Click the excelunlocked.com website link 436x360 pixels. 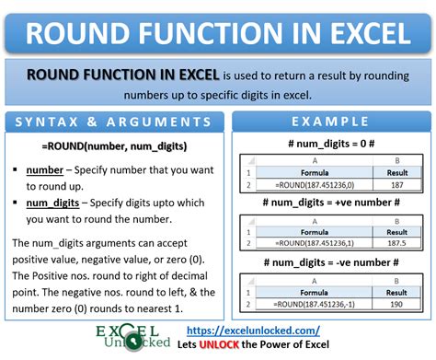(253, 331)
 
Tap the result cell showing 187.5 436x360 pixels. (396, 243)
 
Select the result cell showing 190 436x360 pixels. (396, 304)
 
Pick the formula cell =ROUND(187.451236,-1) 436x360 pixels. (314, 304)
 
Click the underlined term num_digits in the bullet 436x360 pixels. (52, 203)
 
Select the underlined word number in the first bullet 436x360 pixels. (45, 170)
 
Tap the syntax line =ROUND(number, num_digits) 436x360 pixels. (114, 146)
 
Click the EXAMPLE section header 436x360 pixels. (330, 122)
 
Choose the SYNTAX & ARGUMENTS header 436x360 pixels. (113, 122)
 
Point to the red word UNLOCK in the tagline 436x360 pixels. (219, 344)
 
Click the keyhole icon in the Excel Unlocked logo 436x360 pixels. (133, 342)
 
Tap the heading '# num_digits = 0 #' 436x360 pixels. (331, 144)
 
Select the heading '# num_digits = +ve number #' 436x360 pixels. (331, 203)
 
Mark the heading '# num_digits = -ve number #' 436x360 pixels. (331, 262)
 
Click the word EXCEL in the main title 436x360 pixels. (370, 33)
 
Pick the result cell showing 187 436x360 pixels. (397, 185)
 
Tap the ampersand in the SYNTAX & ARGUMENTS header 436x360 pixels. (92, 122)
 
